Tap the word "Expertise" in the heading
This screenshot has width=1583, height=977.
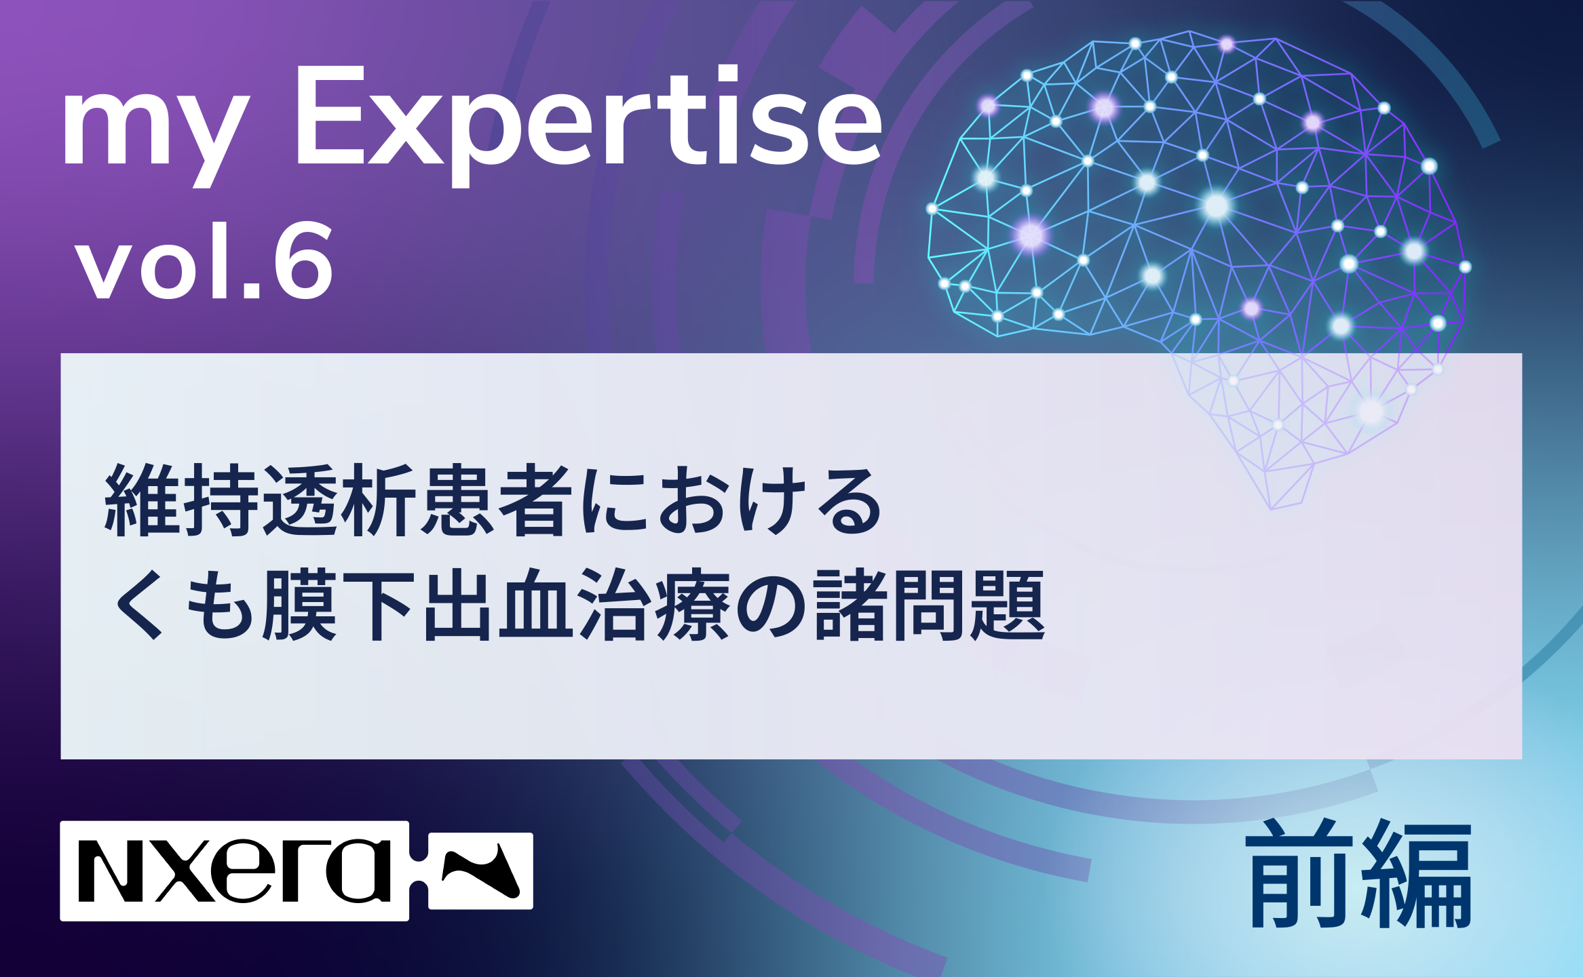(588, 126)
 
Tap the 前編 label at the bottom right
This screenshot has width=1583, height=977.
(1359, 875)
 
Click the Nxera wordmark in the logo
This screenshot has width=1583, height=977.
(235, 871)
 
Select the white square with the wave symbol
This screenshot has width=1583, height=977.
(480, 871)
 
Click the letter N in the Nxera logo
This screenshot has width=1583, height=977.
(111, 872)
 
